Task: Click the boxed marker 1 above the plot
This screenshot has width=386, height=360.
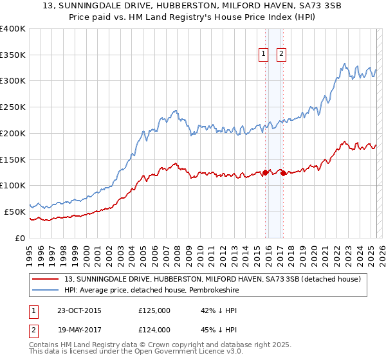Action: click(x=264, y=55)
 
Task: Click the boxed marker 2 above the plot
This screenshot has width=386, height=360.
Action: click(x=282, y=55)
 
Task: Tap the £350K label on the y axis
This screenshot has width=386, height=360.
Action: click(x=13, y=55)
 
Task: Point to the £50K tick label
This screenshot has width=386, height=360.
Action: click(x=15, y=212)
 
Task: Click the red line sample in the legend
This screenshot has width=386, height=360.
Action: click(x=46, y=279)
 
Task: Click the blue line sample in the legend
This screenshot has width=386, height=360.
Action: click(x=46, y=290)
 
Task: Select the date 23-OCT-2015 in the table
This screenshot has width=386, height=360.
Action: click(x=74, y=311)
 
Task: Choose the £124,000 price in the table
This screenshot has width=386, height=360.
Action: click(x=154, y=329)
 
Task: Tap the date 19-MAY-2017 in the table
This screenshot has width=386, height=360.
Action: click(x=74, y=329)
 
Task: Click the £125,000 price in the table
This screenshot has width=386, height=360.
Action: click(x=154, y=311)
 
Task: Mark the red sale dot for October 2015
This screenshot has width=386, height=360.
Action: click(x=265, y=172)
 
